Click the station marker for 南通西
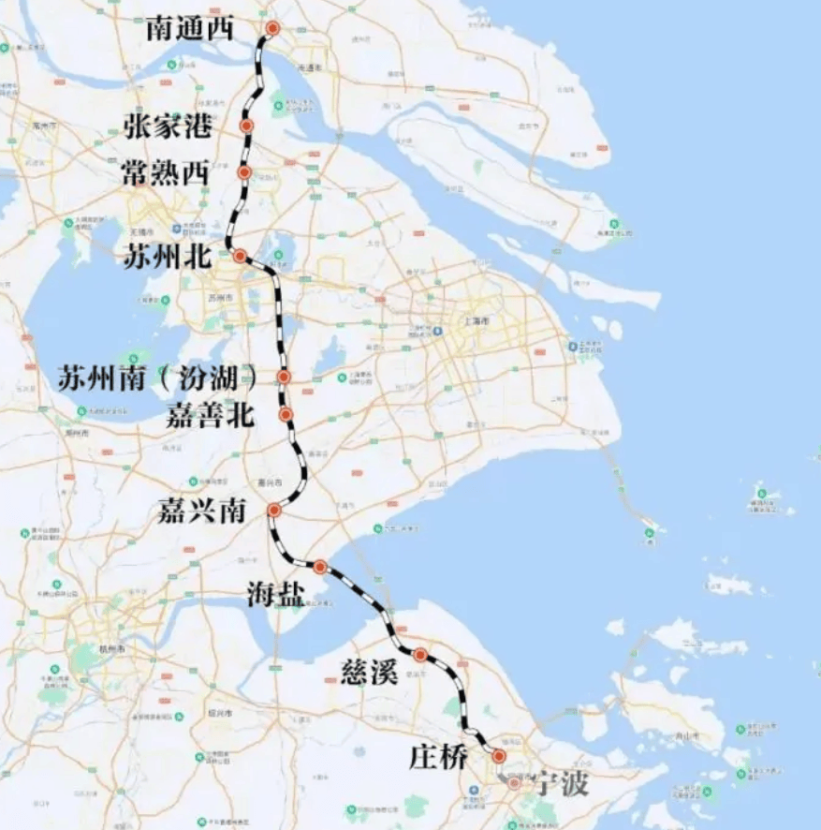pos(272,29)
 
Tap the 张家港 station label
pos(168,126)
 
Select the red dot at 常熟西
pos(244,172)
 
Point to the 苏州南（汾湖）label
pos(157,378)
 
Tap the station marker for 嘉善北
pos(286,414)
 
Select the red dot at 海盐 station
pos(319,567)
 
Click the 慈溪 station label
pos(371,672)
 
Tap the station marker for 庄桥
pos(498,755)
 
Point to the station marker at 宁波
pos(514,782)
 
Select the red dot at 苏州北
pos(240,256)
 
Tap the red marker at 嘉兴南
pos(274,511)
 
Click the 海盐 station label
pos(275,594)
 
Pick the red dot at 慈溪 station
pos(420,654)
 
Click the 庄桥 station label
pos(437,757)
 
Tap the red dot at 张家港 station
pos(247,126)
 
